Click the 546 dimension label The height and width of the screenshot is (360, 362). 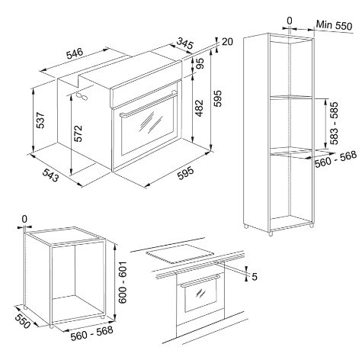click(75, 54)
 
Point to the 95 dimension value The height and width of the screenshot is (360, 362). click(200, 65)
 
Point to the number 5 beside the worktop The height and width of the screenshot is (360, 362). click(255, 276)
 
